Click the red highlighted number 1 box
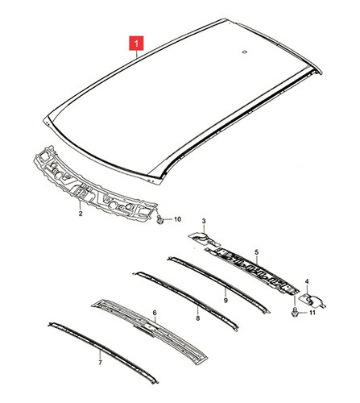point(136,43)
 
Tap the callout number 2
point(81,214)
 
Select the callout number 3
point(204,221)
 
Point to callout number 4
point(307,281)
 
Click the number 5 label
point(257,252)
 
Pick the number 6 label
point(155,313)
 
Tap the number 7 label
point(100,363)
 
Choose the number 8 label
point(198,318)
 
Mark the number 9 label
point(226,300)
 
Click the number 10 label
point(177,219)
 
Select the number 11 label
point(312,313)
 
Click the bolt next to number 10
point(160,219)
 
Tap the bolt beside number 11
point(295,312)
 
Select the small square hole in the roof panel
point(244,52)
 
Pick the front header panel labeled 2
point(94,185)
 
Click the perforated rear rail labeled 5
point(252,270)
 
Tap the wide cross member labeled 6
point(151,332)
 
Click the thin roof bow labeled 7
point(103,351)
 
